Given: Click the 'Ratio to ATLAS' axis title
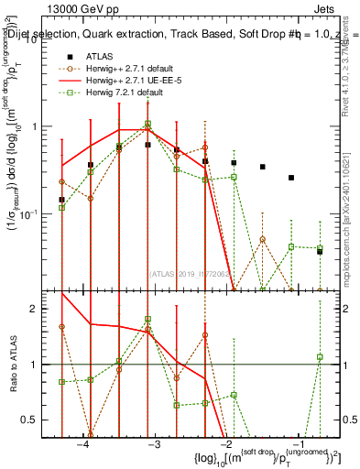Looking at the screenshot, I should pos(17,365).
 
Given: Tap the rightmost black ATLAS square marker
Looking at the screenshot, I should pos(320,251).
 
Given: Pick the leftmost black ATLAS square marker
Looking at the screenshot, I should pos(62,200).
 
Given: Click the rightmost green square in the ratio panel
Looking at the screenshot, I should pos(320,357).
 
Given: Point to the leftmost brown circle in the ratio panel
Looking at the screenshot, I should pos(62,326).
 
